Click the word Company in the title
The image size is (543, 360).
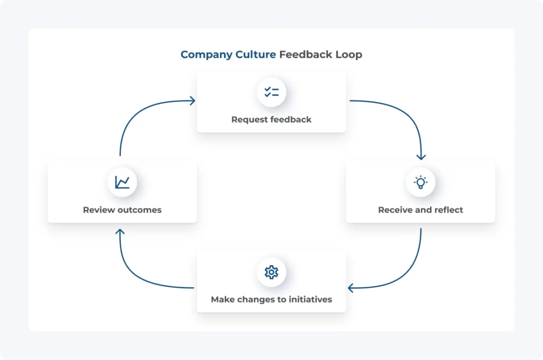pyautogui.click(x=206, y=55)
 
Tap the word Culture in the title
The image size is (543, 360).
pyautogui.click(x=256, y=55)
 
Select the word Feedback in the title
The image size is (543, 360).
pyautogui.click(x=306, y=55)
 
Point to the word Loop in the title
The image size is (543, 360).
pyautogui.click(x=349, y=55)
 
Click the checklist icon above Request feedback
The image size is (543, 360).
pyautogui.click(x=271, y=92)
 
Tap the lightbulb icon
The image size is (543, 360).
pyautogui.click(x=421, y=182)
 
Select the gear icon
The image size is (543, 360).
pyautogui.click(x=271, y=272)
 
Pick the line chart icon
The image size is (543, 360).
pyautogui.click(x=122, y=182)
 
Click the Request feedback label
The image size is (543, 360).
pyautogui.click(x=271, y=120)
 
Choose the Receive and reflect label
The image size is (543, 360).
pyautogui.click(x=421, y=210)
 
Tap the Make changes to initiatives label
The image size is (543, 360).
pyautogui.click(x=271, y=300)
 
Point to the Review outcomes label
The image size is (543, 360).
pyautogui.click(x=122, y=210)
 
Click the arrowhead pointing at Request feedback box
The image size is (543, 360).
pyautogui.click(x=192, y=101)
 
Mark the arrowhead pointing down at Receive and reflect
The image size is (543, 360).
pyautogui.click(x=421, y=157)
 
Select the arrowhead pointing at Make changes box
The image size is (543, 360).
pyautogui.click(x=351, y=288)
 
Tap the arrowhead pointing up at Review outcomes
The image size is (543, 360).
pyautogui.click(x=120, y=232)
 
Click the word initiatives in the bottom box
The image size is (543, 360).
pyautogui.click(x=310, y=300)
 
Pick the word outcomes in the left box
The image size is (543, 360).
pyautogui.click(x=139, y=210)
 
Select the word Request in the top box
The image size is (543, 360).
pyautogui.click(x=247, y=120)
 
